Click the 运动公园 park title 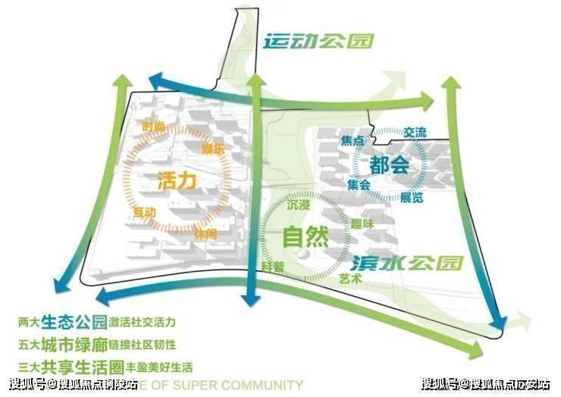click(318, 41)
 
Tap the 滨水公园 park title click(406, 263)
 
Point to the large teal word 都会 click(390, 163)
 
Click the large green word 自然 click(306, 238)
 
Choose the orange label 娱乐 click(213, 149)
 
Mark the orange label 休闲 click(205, 235)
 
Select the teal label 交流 click(415, 133)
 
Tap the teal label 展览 click(412, 198)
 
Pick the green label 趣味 click(362, 224)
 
